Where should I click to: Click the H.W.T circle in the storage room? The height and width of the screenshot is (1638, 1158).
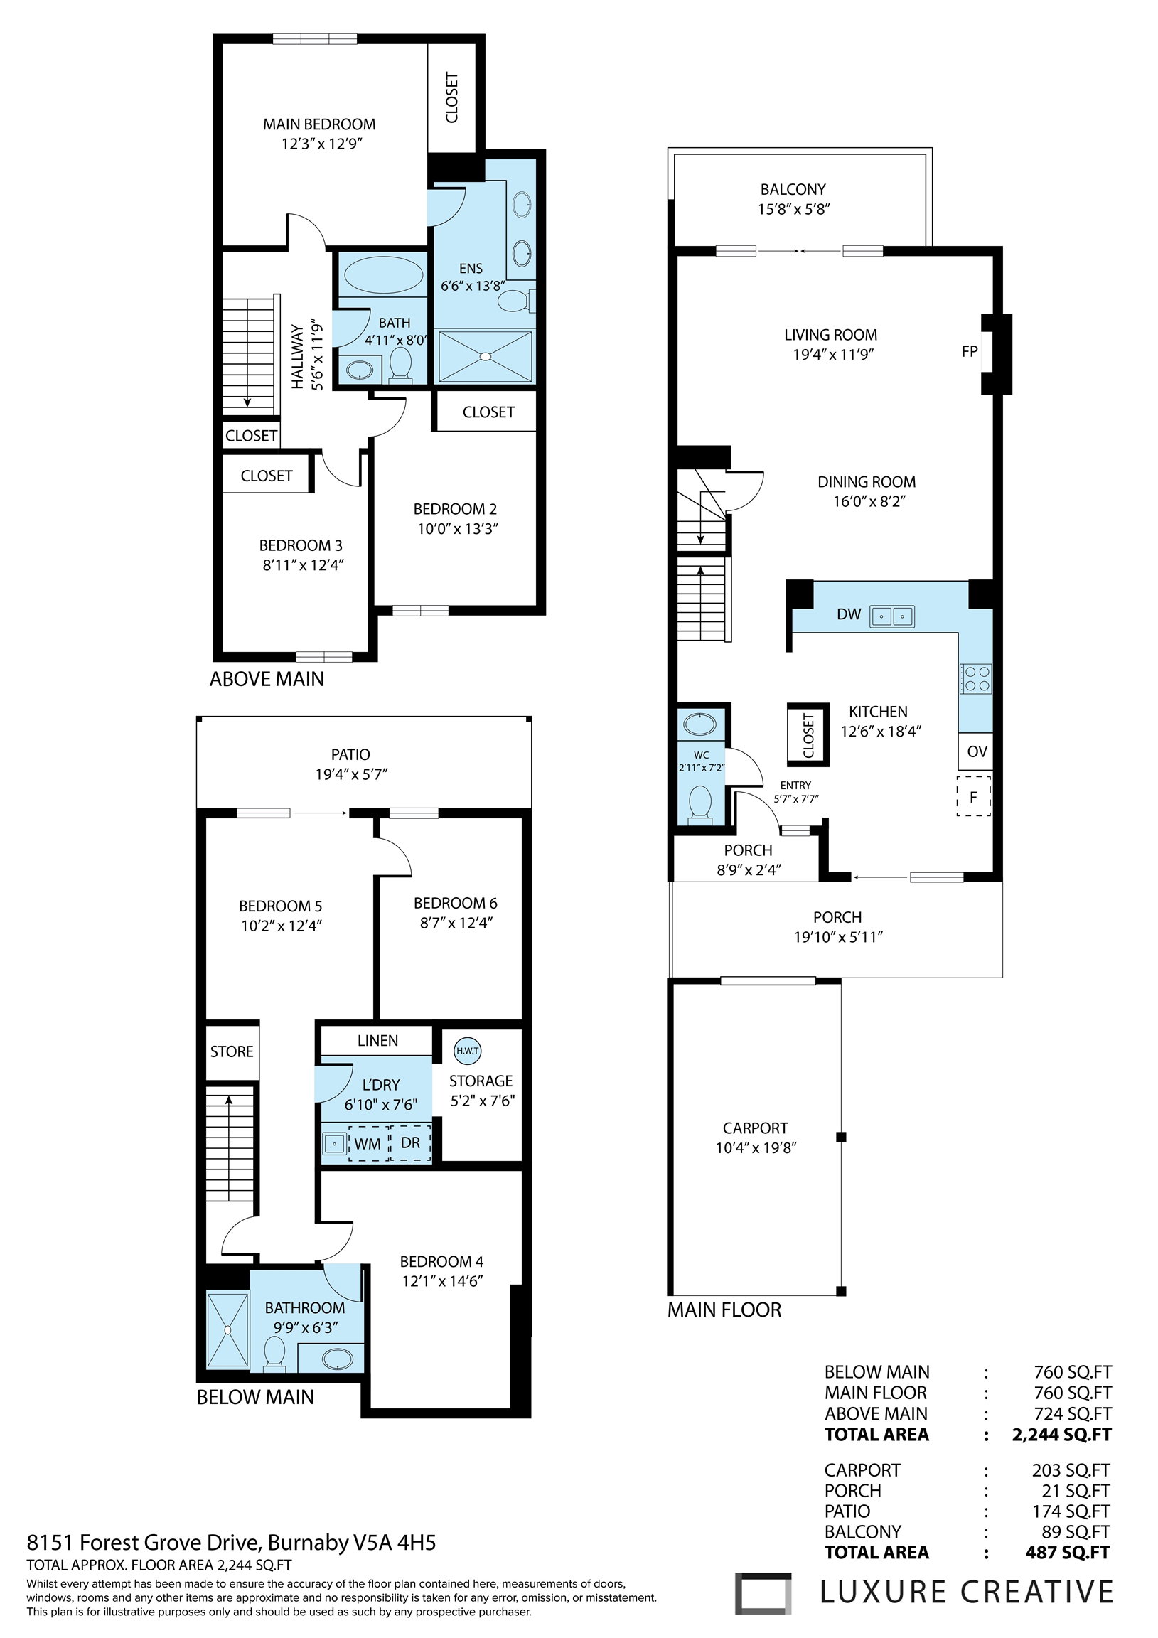click(x=467, y=1050)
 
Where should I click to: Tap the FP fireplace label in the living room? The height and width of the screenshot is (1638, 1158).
click(x=970, y=351)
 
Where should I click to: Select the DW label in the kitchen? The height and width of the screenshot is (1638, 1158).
click(x=849, y=614)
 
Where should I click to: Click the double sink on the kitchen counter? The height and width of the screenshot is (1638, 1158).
click(x=892, y=616)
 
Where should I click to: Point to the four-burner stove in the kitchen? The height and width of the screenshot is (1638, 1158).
click(x=975, y=678)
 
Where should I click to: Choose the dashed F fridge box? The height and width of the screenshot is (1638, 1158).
click(x=974, y=796)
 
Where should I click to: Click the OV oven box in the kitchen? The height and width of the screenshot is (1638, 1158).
click(x=975, y=751)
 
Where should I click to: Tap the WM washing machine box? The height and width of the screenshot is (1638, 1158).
click(x=368, y=1144)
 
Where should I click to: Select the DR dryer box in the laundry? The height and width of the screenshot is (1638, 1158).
click(x=411, y=1143)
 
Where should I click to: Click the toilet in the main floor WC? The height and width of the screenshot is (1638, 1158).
click(x=699, y=804)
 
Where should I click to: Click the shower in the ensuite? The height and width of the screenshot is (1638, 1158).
click(x=485, y=355)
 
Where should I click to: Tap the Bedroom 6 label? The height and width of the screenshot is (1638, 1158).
click(x=455, y=903)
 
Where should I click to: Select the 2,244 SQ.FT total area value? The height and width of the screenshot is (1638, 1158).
click(x=1061, y=1434)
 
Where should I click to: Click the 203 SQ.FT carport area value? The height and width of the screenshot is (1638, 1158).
click(x=1071, y=1470)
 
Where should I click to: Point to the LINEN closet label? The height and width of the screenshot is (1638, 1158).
click(x=378, y=1040)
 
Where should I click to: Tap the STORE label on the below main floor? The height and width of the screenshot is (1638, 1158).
click(x=232, y=1051)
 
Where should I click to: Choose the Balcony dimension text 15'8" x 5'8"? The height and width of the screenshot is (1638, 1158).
click(x=793, y=209)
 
